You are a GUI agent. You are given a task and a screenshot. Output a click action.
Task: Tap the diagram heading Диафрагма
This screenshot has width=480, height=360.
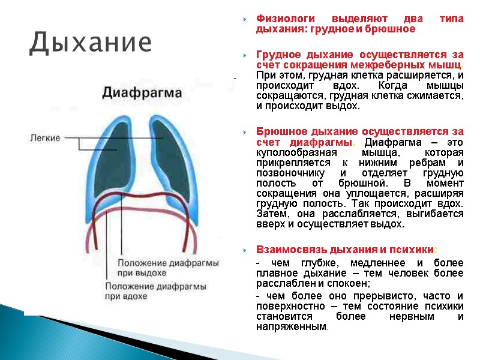point(142,92)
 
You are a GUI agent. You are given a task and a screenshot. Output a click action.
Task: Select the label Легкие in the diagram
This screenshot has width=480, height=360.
point(45,138)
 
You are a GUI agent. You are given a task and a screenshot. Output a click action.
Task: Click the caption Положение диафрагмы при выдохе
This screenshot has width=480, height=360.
point(168,268)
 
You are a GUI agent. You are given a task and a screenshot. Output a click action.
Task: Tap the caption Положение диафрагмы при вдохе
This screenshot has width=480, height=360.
point(156,292)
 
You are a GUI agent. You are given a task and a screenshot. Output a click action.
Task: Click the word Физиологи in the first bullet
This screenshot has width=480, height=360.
point(281,19)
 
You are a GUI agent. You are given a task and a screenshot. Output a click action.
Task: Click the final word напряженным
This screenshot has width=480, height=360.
point(291,327)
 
